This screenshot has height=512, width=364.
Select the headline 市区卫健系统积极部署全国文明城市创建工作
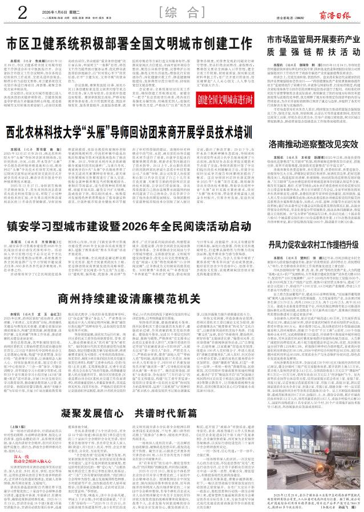130,44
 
